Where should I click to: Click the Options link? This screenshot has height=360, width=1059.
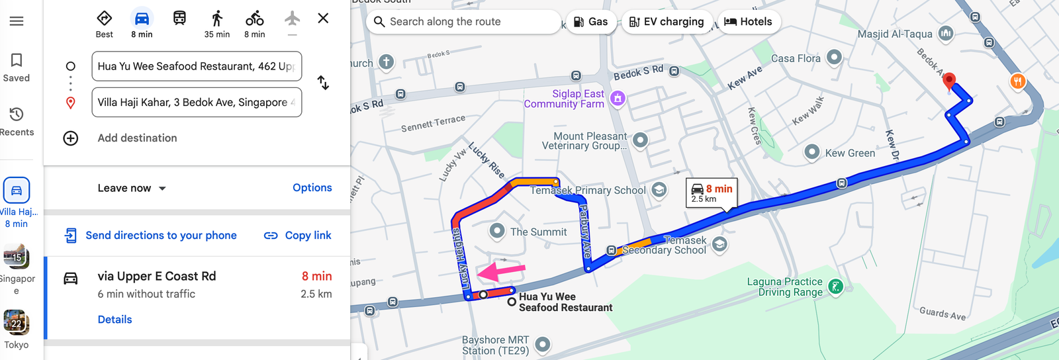(312, 188)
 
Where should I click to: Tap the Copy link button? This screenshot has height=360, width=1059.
(298, 236)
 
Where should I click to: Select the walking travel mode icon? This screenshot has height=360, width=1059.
(217, 19)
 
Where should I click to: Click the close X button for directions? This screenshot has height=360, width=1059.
(323, 19)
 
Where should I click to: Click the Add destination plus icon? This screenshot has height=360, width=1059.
(71, 138)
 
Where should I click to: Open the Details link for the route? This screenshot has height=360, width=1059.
(115, 320)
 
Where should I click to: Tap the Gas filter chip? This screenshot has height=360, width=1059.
(590, 22)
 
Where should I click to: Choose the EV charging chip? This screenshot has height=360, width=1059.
(666, 22)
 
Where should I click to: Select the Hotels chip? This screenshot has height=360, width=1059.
(748, 22)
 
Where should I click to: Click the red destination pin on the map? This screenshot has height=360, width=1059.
(949, 81)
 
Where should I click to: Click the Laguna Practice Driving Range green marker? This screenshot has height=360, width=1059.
(835, 287)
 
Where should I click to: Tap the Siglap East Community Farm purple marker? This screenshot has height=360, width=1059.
(618, 99)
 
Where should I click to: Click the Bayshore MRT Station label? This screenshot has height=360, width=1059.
(496, 345)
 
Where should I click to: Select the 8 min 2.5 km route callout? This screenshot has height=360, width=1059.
(712, 193)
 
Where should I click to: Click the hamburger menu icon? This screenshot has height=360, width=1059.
(17, 21)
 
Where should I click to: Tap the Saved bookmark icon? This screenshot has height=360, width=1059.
(17, 61)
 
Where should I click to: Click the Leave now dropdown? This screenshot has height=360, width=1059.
(132, 189)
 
